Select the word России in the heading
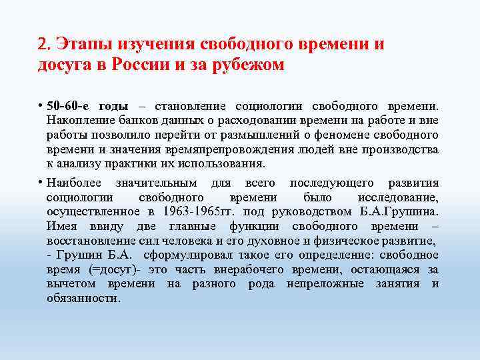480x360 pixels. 143,65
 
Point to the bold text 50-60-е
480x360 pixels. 69,107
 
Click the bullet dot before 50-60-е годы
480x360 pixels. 41,107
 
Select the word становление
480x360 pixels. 190,107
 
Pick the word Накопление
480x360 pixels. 77,121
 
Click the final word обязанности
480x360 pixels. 83,298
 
